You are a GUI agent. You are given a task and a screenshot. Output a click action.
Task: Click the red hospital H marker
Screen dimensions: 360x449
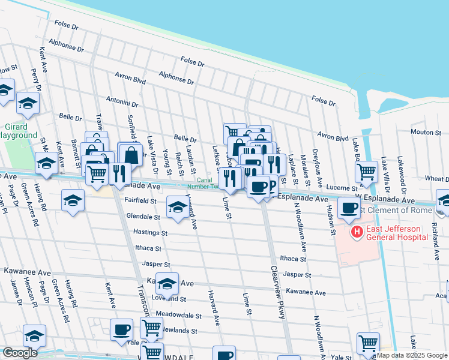pyautogui.click(x=357, y=232)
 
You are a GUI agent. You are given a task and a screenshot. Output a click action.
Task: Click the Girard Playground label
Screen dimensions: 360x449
pyautogui.click(x=18, y=131)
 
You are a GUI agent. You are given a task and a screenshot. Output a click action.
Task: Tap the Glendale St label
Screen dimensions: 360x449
pyautogui.click(x=143, y=216)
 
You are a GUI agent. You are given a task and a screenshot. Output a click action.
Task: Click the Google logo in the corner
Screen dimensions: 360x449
pyautogui.click(x=20, y=353)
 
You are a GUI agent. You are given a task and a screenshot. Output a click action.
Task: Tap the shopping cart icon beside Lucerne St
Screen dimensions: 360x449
pyautogui.click(x=366, y=172)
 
